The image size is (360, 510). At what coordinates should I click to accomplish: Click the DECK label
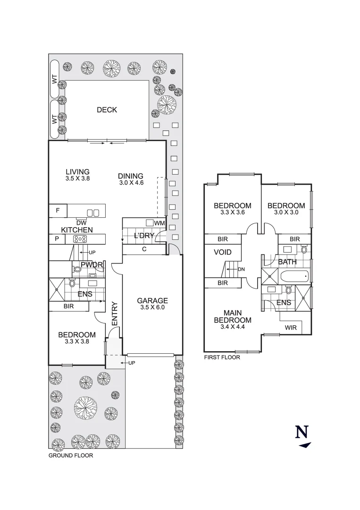click(x=107, y=110)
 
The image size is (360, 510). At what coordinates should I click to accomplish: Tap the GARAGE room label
click(x=152, y=301)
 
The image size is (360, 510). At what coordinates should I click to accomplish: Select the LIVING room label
click(x=78, y=172)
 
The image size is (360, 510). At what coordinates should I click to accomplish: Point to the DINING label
click(x=131, y=177)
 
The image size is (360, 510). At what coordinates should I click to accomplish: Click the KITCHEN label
click(x=77, y=229)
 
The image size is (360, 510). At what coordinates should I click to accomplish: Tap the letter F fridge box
click(x=58, y=211)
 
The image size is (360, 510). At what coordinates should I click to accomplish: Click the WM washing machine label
click(x=159, y=223)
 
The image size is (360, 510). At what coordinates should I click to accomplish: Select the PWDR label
click(x=92, y=265)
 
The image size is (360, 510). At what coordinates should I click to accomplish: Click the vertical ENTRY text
click(x=114, y=313)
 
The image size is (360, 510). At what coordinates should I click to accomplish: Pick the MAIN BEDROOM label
click(x=233, y=316)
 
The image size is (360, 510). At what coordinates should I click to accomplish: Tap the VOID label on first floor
click(x=223, y=253)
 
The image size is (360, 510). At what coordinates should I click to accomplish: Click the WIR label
click(x=291, y=327)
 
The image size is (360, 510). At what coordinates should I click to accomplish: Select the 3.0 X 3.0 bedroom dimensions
click(x=286, y=212)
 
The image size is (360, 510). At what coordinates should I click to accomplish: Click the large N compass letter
click(x=302, y=432)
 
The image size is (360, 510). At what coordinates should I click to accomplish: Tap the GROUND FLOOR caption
click(x=71, y=456)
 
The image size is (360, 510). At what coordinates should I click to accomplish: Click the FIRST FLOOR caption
click(x=222, y=357)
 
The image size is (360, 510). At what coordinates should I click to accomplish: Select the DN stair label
click(x=241, y=269)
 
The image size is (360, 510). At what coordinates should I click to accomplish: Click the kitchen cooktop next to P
click(x=79, y=239)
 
